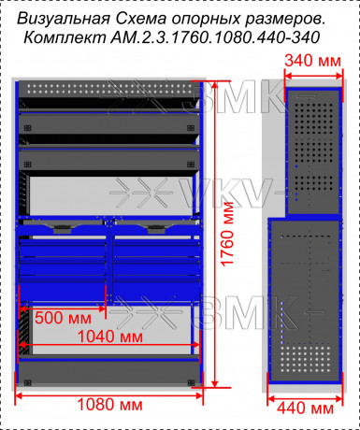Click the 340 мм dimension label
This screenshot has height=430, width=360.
(312, 61)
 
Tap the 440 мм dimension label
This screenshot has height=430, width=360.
(305, 408)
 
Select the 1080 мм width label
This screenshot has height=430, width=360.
(109, 405)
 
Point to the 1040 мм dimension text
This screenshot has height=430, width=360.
(110, 337)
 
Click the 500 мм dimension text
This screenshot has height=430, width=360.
(63, 318)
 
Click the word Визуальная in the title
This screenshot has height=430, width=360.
(64, 20)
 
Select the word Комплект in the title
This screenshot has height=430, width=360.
(65, 38)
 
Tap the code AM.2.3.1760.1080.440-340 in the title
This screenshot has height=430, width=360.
(215, 37)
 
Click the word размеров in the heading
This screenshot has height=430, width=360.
(284, 20)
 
